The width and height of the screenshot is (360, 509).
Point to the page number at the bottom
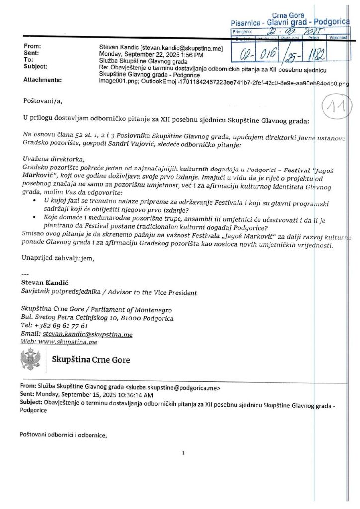183,453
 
